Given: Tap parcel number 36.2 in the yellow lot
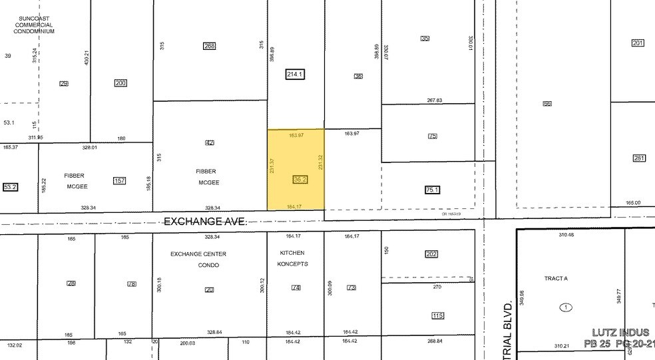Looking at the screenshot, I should [x=300, y=180].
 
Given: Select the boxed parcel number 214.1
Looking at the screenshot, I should [x=294, y=75].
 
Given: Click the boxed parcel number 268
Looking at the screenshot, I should [x=210, y=46].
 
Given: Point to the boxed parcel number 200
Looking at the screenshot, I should [x=120, y=83].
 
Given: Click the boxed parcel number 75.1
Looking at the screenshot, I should [x=433, y=190].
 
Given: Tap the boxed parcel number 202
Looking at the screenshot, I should [x=432, y=254].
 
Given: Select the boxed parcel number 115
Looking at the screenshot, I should [x=437, y=316].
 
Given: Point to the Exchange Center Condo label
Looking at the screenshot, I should [x=198, y=260].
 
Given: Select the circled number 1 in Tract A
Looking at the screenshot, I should [x=566, y=307].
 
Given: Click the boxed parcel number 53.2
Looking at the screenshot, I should [x=9, y=188].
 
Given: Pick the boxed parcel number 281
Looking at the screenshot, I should [x=639, y=158].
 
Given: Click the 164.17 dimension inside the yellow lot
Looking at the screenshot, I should [x=296, y=206].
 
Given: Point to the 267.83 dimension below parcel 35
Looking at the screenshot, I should [x=435, y=100].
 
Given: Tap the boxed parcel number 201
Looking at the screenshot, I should [x=638, y=43].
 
